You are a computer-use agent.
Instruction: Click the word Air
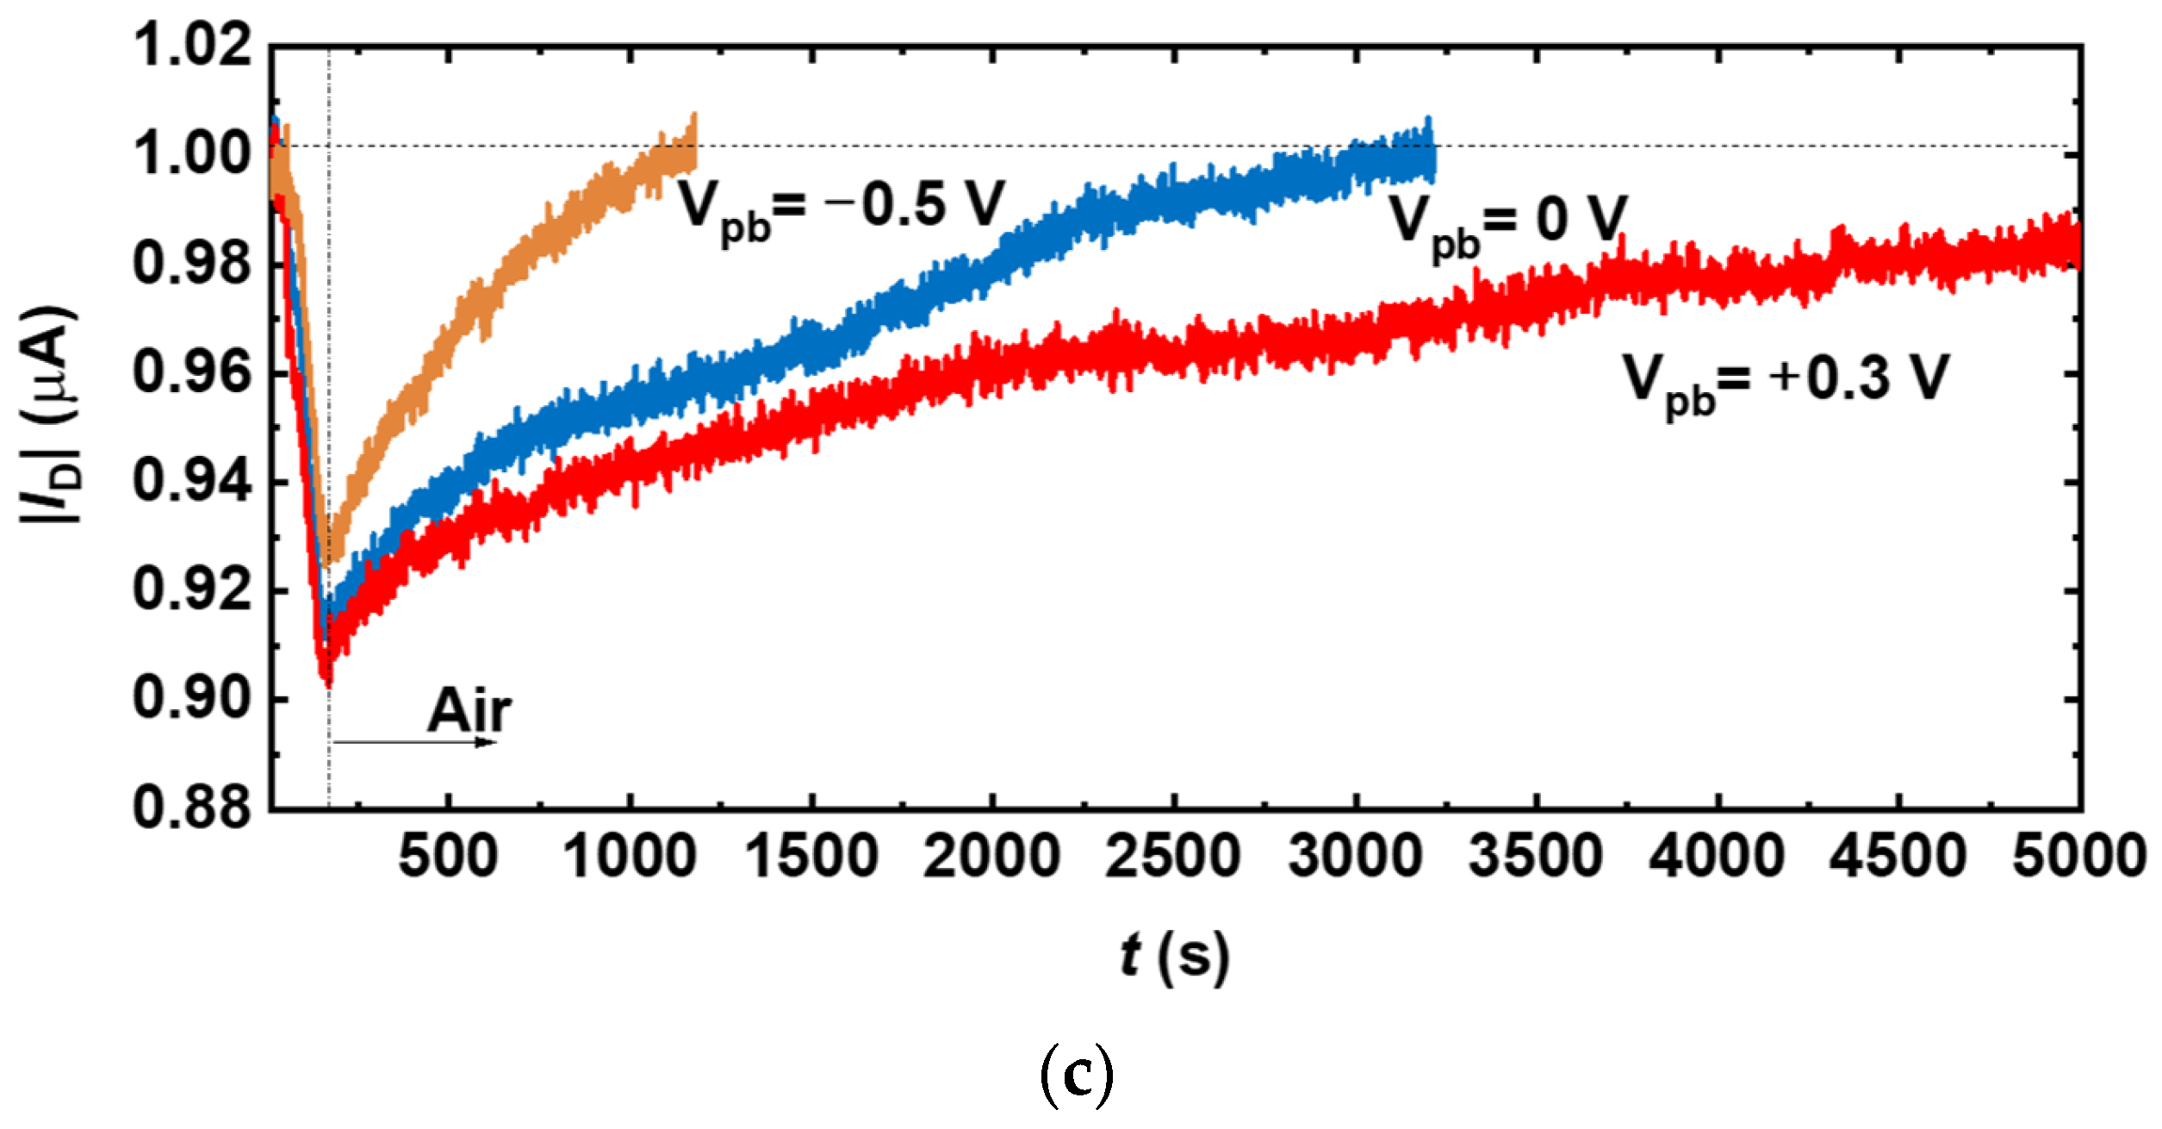pyautogui.click(x=469, y=711)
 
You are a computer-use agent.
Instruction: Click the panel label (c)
pyautogui.click(x=1077, y=1077)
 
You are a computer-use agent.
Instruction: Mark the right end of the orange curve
pyautogui.click(x=693, y=147)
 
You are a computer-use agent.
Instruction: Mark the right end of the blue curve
pyautogui.click(x=1432, y=155)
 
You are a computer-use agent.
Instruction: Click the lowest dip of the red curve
pyautogui.click(x=327, y=681)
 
